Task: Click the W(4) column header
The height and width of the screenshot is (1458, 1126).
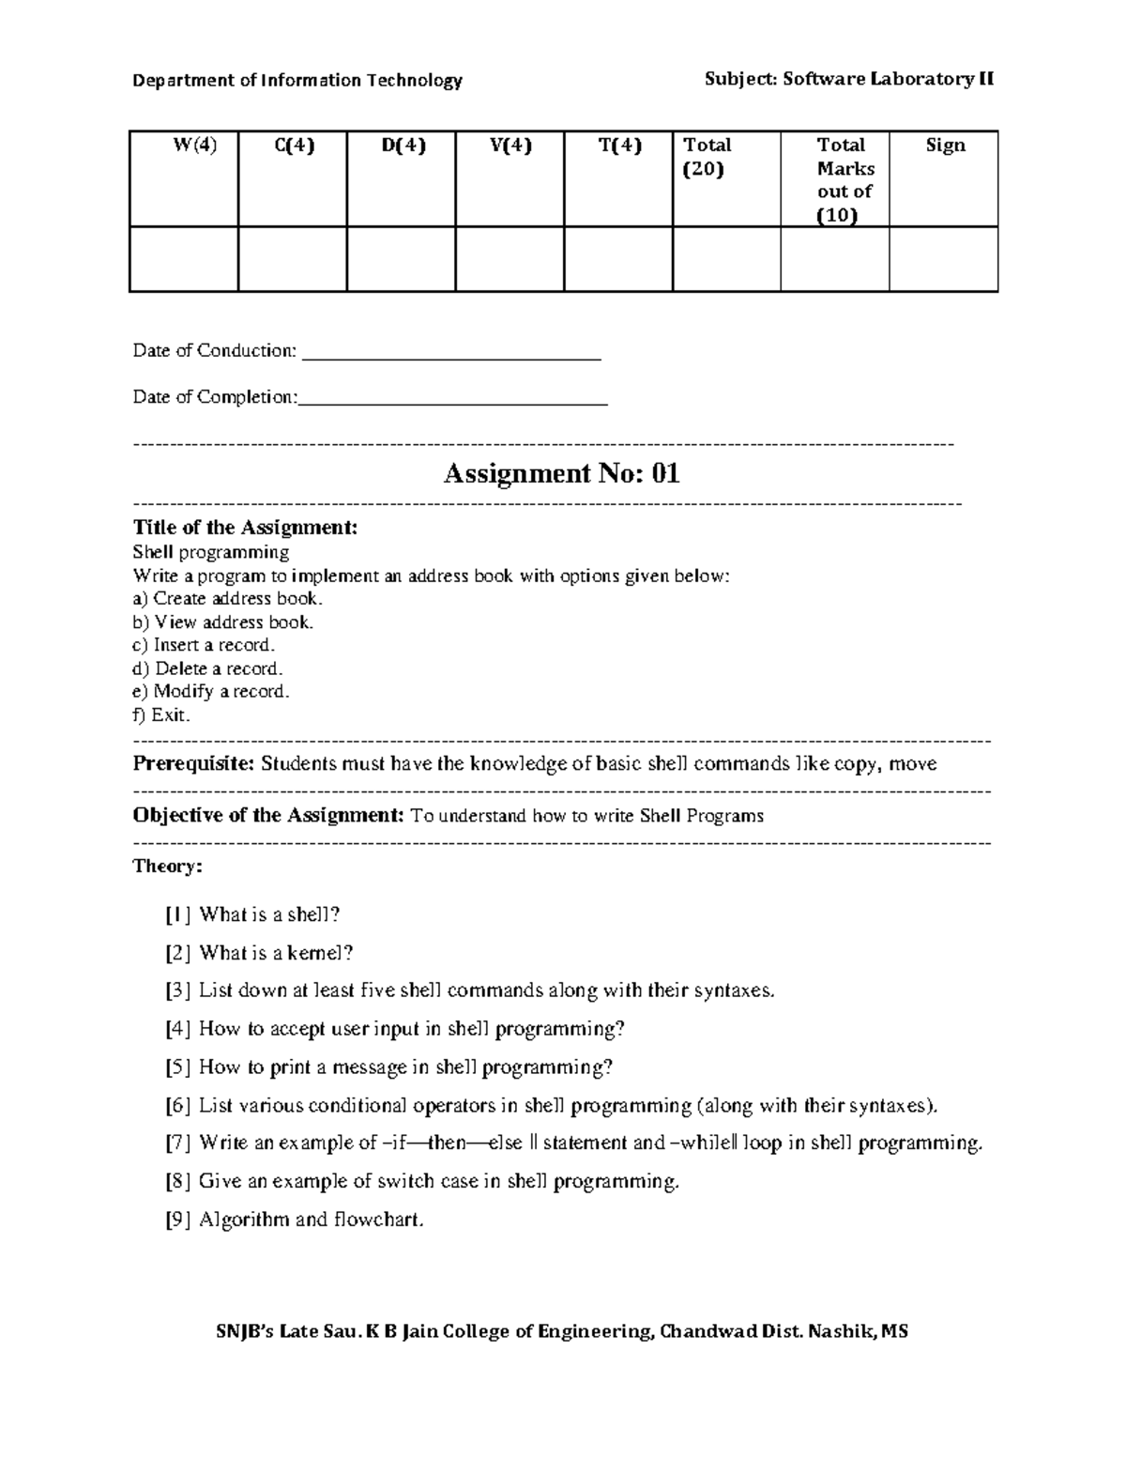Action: point(194,146)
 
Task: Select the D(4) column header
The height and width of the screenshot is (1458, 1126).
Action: point(403,146)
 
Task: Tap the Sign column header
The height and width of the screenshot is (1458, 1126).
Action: point(945,146)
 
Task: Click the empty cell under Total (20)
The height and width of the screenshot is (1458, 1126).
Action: point(726,259)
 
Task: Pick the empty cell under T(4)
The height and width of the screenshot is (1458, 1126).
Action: point(617,259)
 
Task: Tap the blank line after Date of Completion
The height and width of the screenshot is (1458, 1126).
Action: point(453,401)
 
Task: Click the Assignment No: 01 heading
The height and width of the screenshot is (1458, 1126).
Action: point(561,473)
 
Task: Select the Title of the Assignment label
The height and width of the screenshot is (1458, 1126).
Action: point(245,528)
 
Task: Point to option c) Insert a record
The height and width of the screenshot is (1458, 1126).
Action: point(204,645)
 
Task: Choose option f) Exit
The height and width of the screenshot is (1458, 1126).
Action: point(161,715)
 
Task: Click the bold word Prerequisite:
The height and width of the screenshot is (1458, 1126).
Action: point(194,763)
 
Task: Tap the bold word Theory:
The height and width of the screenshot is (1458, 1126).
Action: point(167,866)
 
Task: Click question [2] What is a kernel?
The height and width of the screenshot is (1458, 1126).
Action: point(260,953)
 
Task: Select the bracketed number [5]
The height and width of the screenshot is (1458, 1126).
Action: point(178,1067)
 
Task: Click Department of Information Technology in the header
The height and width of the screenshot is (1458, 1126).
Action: point(297,81)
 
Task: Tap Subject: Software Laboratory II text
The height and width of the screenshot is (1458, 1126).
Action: point(849,80)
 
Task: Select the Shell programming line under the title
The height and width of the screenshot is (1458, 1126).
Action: point(211,552)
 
